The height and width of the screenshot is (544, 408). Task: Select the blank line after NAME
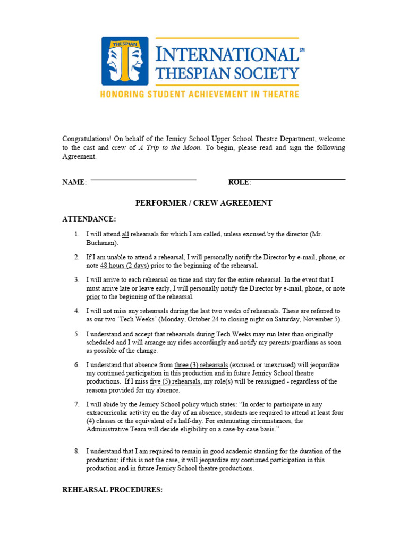coord(143,180)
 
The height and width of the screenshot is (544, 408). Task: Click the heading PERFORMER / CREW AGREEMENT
coord(204,203)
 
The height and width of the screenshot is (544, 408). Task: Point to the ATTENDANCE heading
coord(89,219)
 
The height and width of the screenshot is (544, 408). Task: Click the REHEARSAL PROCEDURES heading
coord(112,490)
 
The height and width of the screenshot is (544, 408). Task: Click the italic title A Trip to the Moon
coord(170,148)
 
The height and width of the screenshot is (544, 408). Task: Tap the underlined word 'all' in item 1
coord(125,234)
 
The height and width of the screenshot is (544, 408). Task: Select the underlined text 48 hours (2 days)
coord(124,266)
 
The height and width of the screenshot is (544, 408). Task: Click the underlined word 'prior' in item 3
coord(93,297)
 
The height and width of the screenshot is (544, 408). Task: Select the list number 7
coord(77,405)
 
